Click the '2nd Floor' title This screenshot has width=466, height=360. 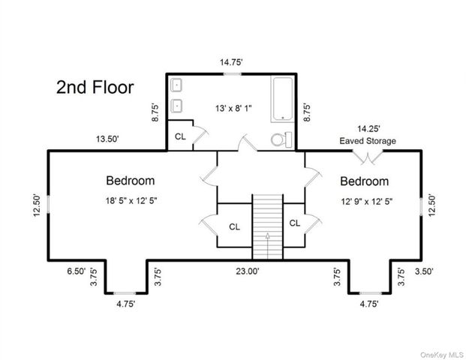coord(95,87)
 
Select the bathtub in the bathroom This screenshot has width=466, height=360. coord(284,98)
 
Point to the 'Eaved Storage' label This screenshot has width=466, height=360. coord(368,140)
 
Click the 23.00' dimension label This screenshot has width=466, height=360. coord(248,272)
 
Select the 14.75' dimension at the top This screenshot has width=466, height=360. coord(230,64)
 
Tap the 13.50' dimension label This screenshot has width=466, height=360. coord(106,139)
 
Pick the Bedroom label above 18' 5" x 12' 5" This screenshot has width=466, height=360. coord(130,181)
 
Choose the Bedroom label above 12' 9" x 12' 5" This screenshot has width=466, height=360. coord(364,181)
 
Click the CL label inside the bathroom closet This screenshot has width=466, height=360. coord(180,136)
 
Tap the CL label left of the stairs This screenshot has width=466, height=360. coord(234,226)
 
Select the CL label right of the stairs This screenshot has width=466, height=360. coord(294,223)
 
